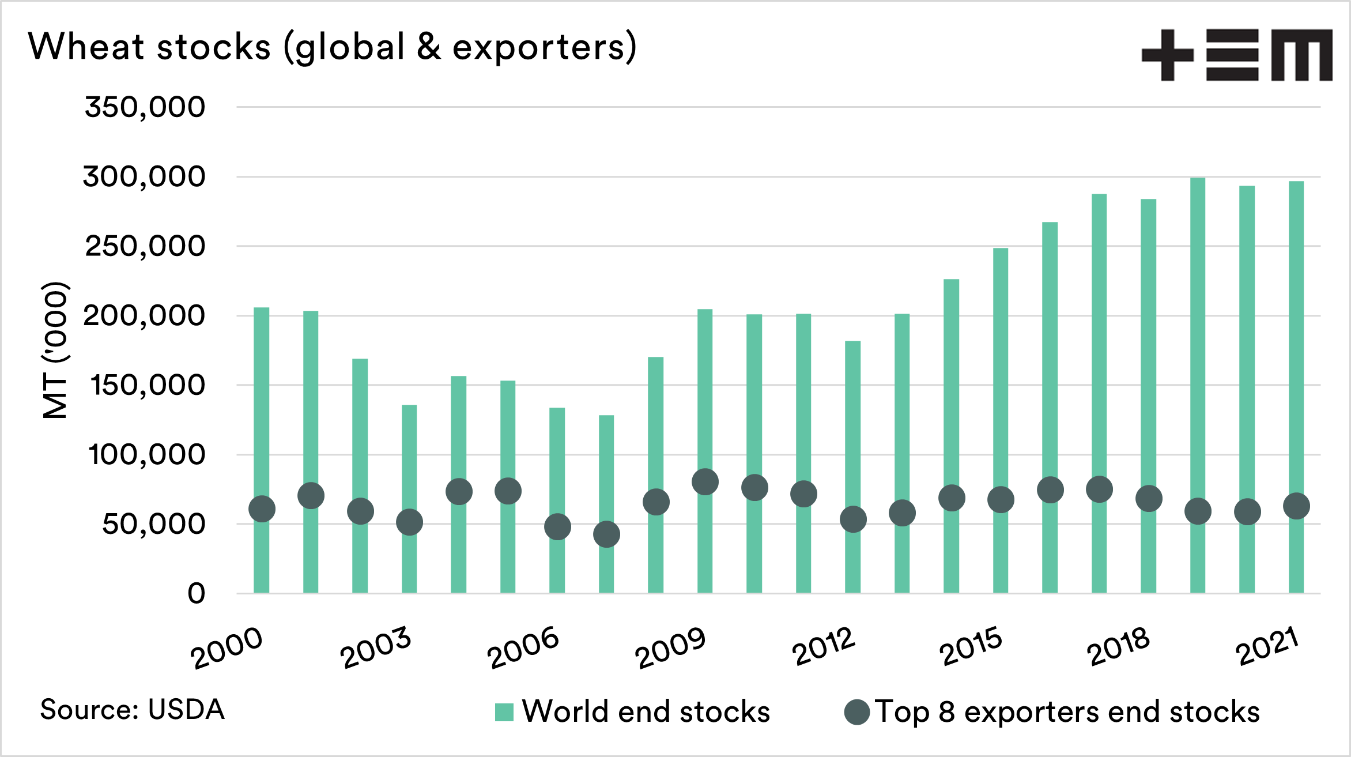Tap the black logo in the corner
point(1237,55)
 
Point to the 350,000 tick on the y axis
point(145,107)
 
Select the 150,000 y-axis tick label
point(148,385)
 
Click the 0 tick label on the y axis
point(196,593)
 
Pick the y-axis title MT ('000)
point(56,349)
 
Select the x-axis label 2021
point(1267,646)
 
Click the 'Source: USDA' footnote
point(132,710)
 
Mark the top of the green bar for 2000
point(262,308)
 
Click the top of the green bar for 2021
point(1296,182)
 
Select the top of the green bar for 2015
point(1001,249)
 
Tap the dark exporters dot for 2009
point(705,482)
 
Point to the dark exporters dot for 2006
point(557,527)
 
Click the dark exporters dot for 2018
point(1149,499)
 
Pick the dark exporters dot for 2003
point(409,522)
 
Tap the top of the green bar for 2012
point(853,342)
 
